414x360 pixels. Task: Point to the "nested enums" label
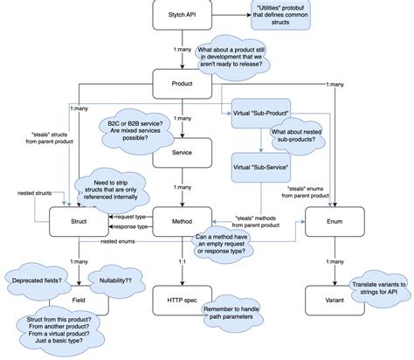point(117,239)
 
